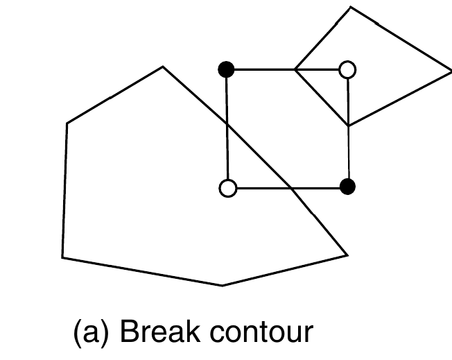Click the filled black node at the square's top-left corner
pos(226,69)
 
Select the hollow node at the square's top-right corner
pos(347,69)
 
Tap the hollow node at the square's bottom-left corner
pos(227,187)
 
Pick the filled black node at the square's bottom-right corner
pos(348,186)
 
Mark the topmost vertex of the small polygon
pos(351,7)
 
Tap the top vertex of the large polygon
pos(163,67)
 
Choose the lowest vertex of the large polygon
pos(222,285)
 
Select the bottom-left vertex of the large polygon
pos(62,258)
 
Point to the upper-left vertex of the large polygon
pos(67,123)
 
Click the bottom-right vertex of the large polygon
pos(347,255)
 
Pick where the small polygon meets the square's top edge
pos(295,69)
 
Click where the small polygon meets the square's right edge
pos(348,126)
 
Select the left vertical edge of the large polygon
pos(64,191)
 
